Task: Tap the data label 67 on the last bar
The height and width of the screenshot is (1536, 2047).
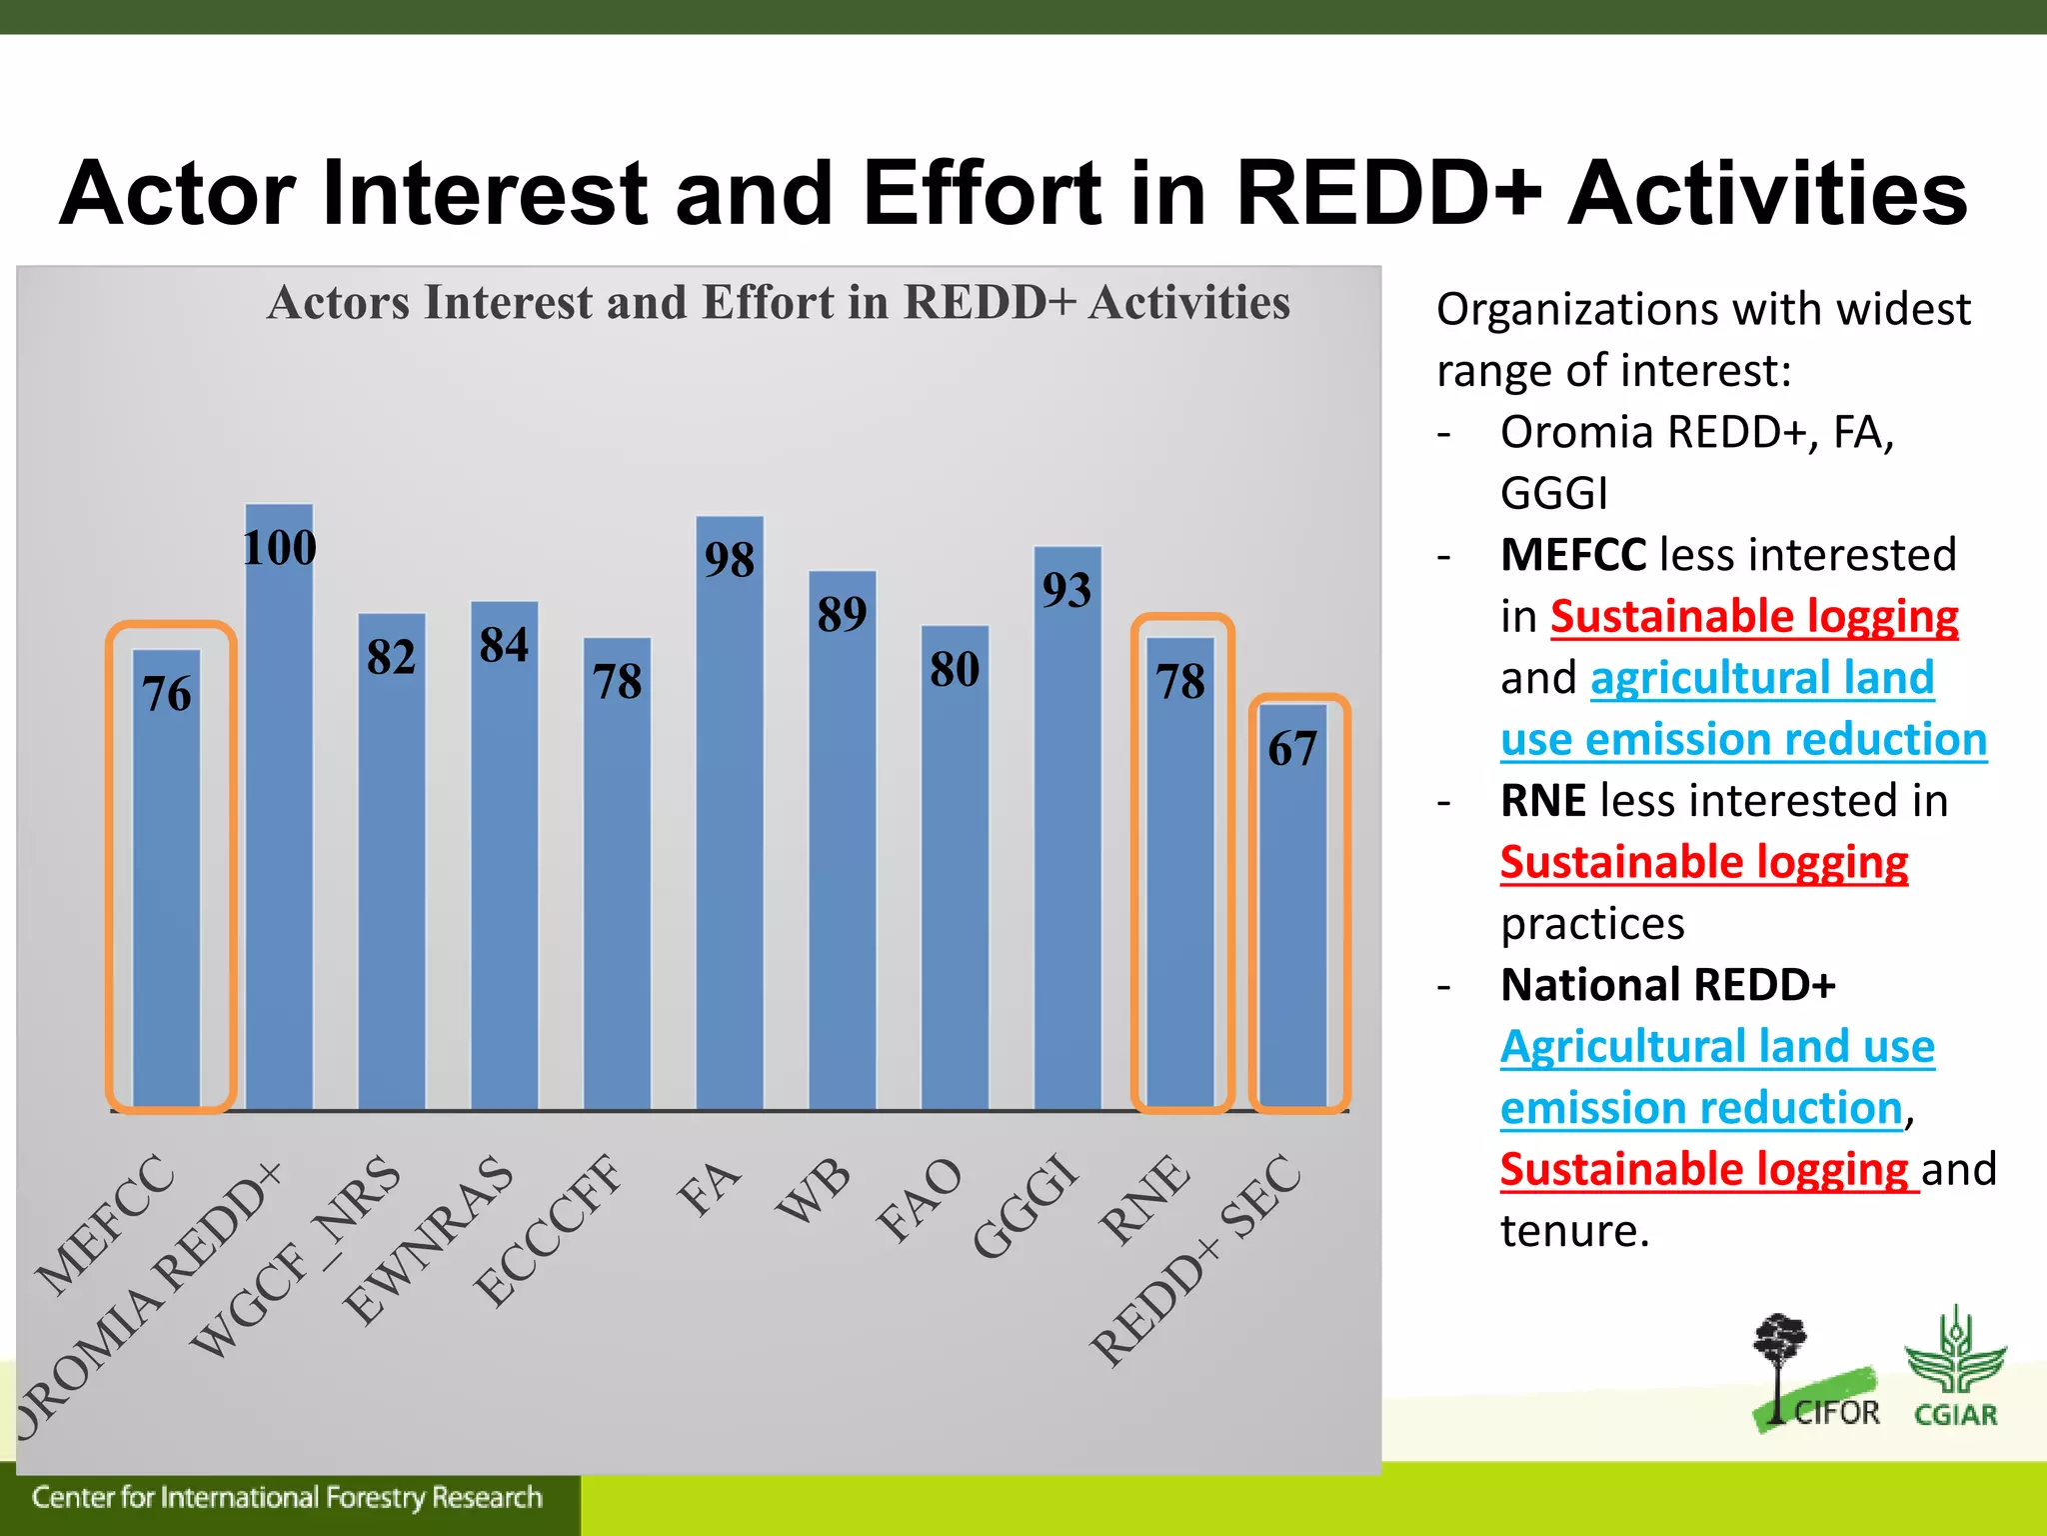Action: pyautogui.click(x=1292, y=748)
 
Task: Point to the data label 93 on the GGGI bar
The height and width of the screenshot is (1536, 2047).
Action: pyautogui.click(x=1066, y=589)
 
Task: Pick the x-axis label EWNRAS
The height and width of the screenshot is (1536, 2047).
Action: pyautogui.click(x=429, y=1239)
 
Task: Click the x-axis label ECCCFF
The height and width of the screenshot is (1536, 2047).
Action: pyautogui.click(x=548, y=1229)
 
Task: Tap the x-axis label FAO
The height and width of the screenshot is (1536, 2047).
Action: pyautogui.click(x=919, y=1199)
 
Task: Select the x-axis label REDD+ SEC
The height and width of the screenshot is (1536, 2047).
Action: pyautogui.click(x=1195, y=1260)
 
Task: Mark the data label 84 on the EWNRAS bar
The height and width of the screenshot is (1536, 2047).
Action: pyautogui.click(x=504, y=644)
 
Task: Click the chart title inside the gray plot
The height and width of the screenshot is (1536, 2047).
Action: pyautogui.click(x=779, y=302)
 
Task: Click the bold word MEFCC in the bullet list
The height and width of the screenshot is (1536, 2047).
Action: pyautogui.click(x=1573, y=555)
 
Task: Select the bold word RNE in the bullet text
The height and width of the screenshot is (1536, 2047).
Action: pyautogui.click(x=1543, y=801)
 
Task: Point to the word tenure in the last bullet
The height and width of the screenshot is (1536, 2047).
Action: pyautogui.click(x=1573, y=1231)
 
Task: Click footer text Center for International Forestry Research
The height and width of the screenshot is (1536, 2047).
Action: pyautogui.click(x=287, y=1497)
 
